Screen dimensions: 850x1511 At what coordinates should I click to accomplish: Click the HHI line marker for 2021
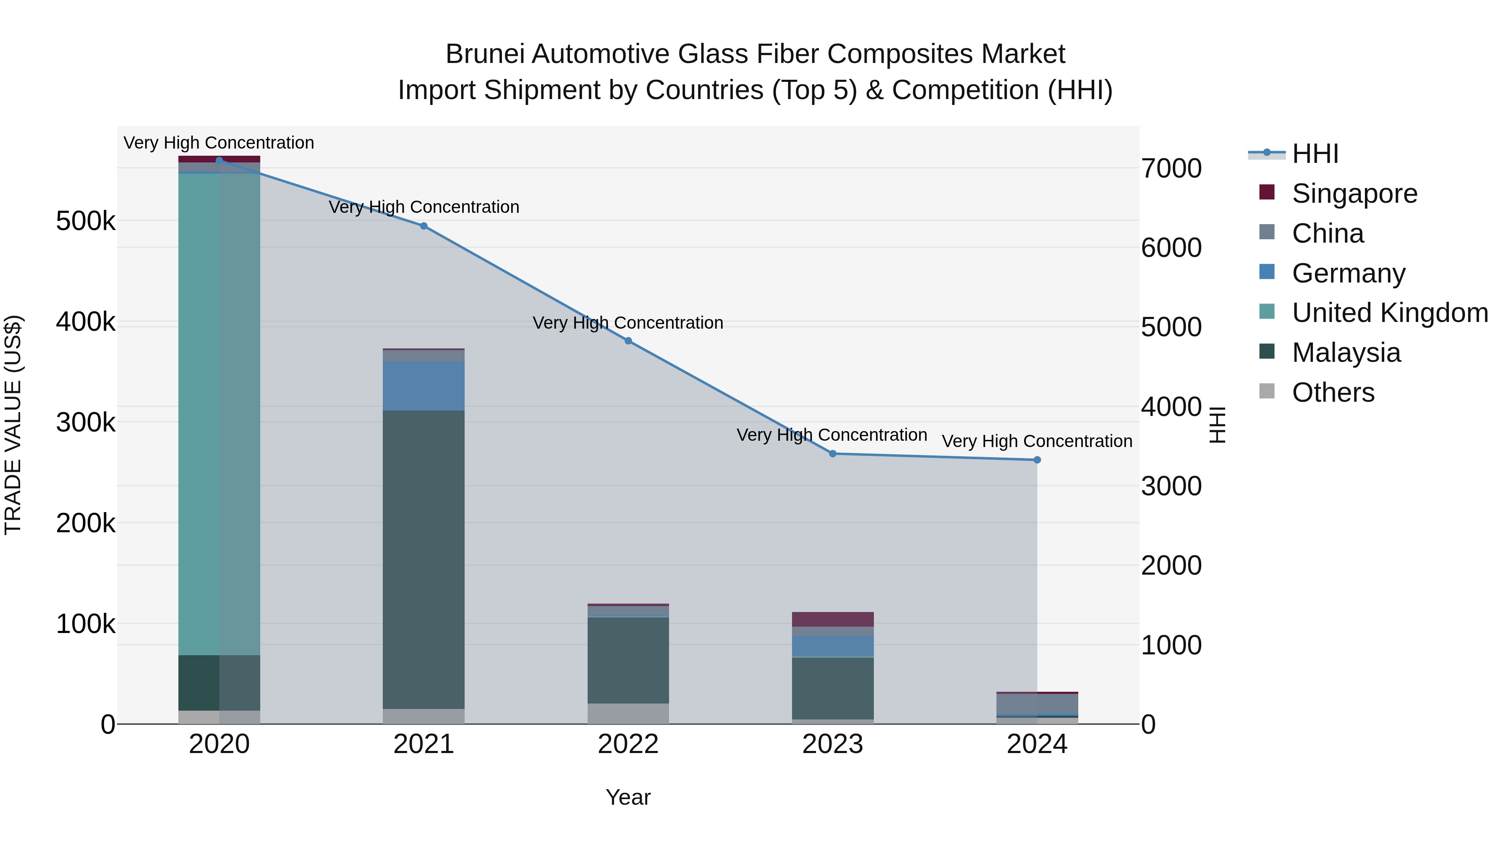(423, 226)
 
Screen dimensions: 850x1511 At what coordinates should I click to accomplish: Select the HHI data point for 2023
(832, 453)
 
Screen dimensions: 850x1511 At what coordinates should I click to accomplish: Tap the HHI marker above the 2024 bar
(1037, 460)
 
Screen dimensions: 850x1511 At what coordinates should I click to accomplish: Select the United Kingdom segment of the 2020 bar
(219, 411)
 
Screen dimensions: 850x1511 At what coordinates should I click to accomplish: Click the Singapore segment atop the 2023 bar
(832, 619)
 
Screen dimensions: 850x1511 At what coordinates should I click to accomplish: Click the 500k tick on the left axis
(86, 222)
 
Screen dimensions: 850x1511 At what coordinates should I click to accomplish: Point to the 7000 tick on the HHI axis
(1171, 168)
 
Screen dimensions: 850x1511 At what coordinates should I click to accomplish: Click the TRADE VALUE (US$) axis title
(13, 425)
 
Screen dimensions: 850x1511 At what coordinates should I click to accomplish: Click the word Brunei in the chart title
(484, 54)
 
